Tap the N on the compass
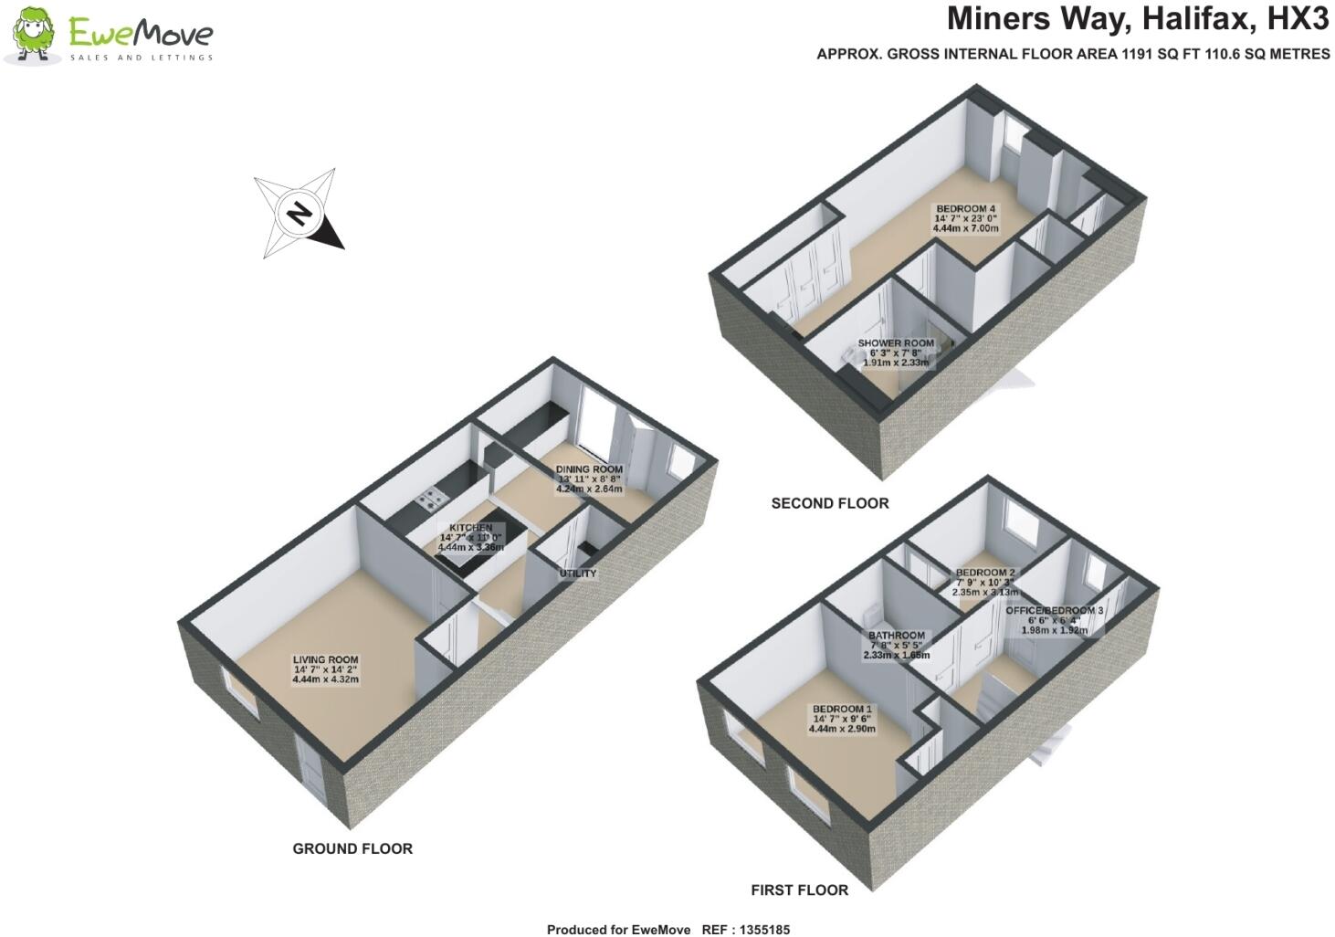pyautogui.click(x=298, y=214)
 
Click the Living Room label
pyautogui.click(x=325, y=659)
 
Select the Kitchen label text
pyautogui.click(x=470, y=528)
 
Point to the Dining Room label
pyautogui.click(x=589, y=469)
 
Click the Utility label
pyautogui.click(x=577, y=574)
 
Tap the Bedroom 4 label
pyautogui.click(x=965, y=209)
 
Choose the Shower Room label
pyautogui.click(x=896, y=343)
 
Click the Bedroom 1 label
pyautogui.click(x=842, y=709)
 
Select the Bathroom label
pyautogui.click(x=896, y=636)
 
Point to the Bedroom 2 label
pyautogui.click(x=984, y=573)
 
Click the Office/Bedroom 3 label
pyautogui.click(x=1055, y=610)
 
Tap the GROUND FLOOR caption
pyautogui.click(x=352, y=848)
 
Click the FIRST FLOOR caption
pyautogui.click(x=799, y=890)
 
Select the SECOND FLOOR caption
pyautogui.click(x=829, y=503)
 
